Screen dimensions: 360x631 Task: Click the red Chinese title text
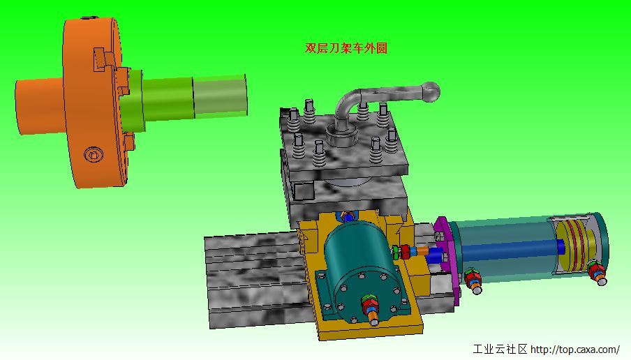tap(346, 48)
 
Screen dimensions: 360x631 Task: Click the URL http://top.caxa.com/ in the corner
tap(575, 349)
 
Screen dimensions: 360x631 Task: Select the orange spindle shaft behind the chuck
tap(38, 105)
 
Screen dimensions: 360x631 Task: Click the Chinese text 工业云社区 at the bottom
tap(500, 349)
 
